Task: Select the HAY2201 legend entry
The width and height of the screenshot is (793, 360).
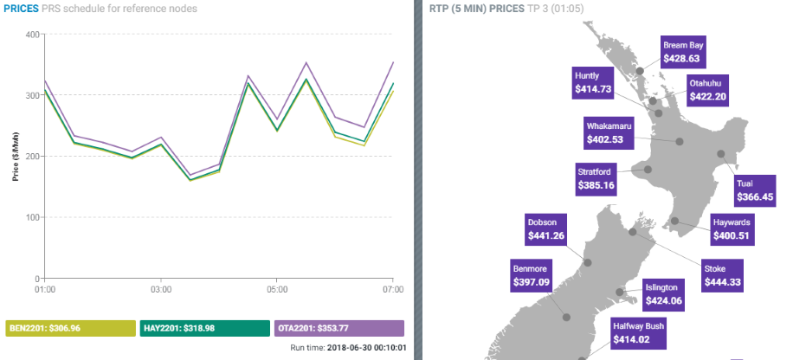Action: coord(204,329)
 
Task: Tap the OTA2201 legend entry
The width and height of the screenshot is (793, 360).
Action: coord(338,329)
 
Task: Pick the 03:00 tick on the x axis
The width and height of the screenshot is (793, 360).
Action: coord(161,287)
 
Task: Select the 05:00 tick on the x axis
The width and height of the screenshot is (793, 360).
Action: coord(277,287)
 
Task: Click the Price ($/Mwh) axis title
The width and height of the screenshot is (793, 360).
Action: coord(16,157)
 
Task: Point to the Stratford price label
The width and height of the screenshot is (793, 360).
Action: coord(596,178)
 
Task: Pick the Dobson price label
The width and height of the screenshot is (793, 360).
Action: coord(549,228)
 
